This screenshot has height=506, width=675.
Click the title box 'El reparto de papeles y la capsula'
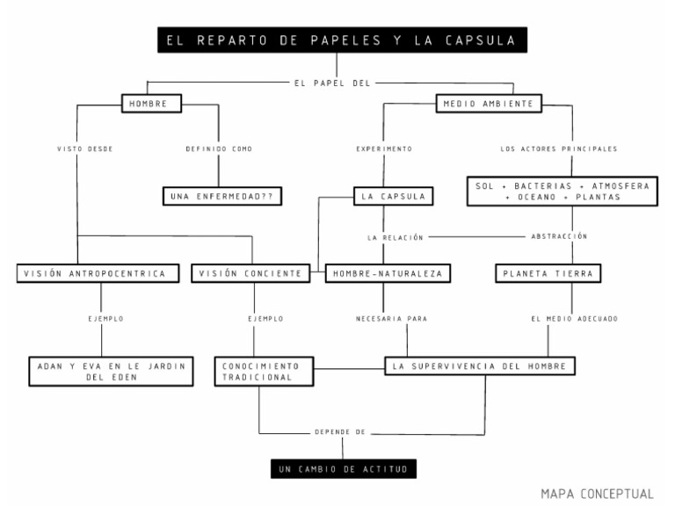[337, 40]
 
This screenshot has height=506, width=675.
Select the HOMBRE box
[151, 105]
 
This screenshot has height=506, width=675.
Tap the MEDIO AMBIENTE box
[489, 105]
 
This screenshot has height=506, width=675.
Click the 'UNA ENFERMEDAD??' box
[221, 197]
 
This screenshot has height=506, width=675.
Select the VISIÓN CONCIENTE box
[252, 273]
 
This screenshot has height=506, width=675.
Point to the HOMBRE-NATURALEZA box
[388, 273]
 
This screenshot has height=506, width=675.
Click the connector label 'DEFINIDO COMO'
[220, 149]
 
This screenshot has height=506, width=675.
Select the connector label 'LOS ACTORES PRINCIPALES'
[558, 149]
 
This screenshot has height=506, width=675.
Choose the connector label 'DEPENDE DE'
[338, 434]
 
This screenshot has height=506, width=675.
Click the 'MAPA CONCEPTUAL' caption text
[597, 493]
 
